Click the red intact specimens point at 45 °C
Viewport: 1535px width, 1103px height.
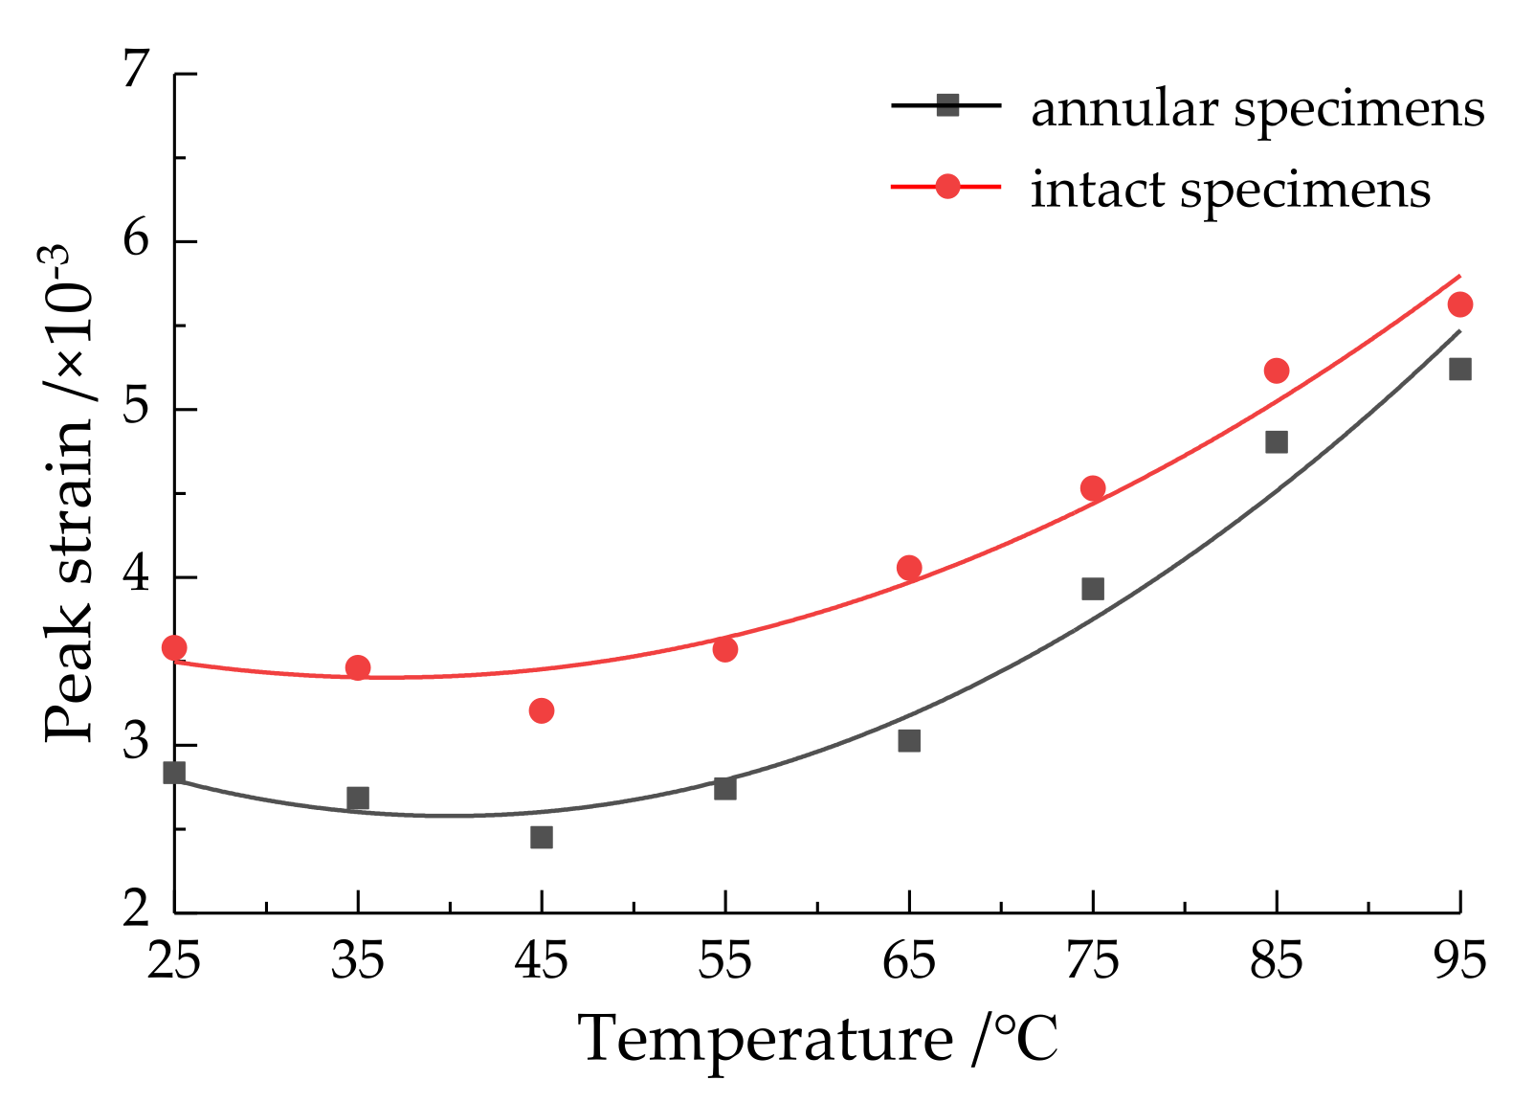click(x=542, y=710)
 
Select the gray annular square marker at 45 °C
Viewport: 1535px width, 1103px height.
click(x=542, y=838)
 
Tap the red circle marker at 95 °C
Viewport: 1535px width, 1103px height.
click(x=1459, y=304)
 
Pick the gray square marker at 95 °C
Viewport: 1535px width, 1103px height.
click(x=1459, y=370)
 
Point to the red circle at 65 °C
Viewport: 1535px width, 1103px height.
click(x=909, y=568)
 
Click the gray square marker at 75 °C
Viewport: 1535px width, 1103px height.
click(x=1093, y=589)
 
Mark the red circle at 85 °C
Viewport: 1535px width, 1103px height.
click(x=1277, y=371)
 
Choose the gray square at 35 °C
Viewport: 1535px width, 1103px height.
click(x=358, y=798)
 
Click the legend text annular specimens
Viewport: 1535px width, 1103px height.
click(x=1257, y=109)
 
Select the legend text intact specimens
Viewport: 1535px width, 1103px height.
click(x=1230, y=189)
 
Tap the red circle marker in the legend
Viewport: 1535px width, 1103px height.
click(x=947, y=186)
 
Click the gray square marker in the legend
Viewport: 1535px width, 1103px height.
click(x=947, y=105)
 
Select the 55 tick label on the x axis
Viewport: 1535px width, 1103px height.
click(x=724, y=959)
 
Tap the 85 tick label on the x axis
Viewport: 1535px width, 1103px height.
click(x=1276, y=959)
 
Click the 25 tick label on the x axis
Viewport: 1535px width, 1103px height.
click(x=173, y=959)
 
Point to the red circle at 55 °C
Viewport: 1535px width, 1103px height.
click(x=725, y=649)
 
